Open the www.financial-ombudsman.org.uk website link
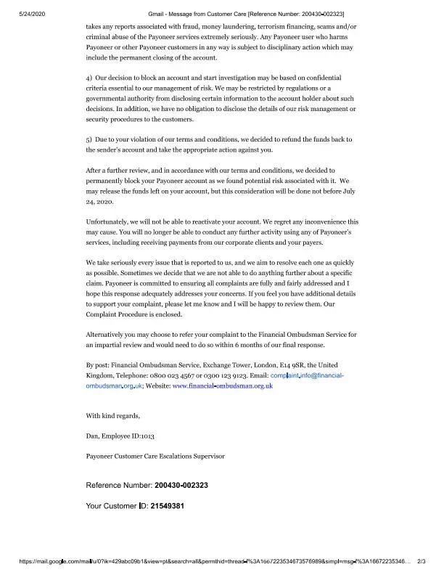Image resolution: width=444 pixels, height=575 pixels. (x=222, y=386)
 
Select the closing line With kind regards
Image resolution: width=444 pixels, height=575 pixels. (x=113, y=415)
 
